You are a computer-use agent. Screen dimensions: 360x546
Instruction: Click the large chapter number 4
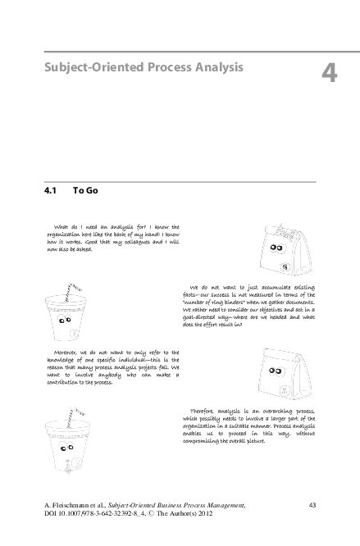(329, 73)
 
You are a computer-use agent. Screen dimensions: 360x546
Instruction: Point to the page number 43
(312, 503)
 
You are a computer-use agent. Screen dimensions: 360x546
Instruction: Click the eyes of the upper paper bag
(276, 248)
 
